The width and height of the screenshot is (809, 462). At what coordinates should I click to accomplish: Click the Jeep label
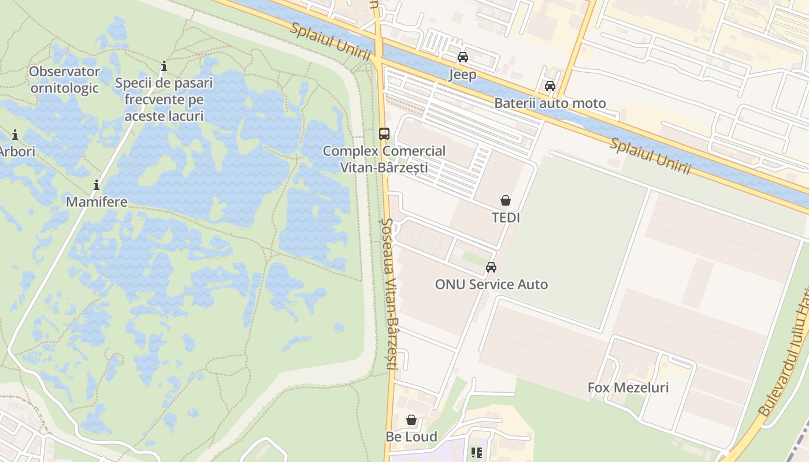(x=463, y=74)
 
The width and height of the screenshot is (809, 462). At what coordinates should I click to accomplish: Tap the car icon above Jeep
(x=463, y=57)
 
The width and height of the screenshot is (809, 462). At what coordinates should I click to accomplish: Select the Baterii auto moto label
(x=550, y=103)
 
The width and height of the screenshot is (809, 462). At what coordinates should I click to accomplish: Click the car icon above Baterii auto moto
(x=550, y=86)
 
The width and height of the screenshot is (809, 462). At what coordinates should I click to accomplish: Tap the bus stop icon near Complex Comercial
(x=384, y=134)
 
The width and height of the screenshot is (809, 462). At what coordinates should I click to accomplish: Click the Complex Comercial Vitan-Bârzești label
(x=384, y=159)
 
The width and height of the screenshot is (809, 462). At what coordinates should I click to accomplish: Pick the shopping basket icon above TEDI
(x=506, y=200)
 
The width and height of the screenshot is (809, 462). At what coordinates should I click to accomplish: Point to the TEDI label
(x=506, y=218)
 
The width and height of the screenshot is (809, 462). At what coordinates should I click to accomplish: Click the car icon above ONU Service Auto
(x=491, y=267)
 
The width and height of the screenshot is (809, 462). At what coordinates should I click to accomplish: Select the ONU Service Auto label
(x=491, y=284)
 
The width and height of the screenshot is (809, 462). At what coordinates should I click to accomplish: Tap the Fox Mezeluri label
(x=628, y=388)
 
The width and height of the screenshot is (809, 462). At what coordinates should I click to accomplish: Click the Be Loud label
(x=411, y=437)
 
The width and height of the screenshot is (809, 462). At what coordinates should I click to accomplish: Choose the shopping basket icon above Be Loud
(x=411, y=419)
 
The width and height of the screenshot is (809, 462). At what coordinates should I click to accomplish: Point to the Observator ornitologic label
(x=65, y=80)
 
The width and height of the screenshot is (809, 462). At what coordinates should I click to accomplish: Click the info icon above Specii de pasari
(x=164, y=66)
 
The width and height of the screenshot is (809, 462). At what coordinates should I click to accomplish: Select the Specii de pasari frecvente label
(x=164, y=99)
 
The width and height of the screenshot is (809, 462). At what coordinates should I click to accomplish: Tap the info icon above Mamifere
(x=97, y=185)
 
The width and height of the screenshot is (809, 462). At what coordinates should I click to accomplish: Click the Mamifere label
(x=97, y=202)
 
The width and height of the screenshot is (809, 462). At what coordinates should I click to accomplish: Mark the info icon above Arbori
(x=15, y=135)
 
